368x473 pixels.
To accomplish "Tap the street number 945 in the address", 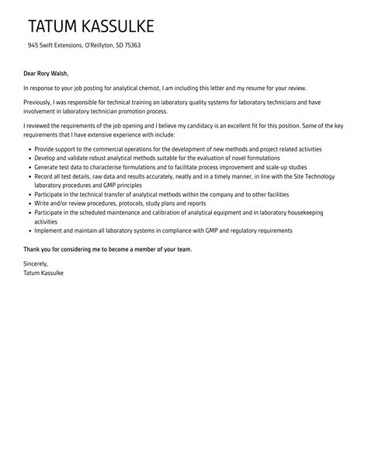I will click(x=34, y=45).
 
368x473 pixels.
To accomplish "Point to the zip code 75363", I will click(x=130, y=45).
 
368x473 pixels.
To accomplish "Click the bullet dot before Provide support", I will click(x=28, y=148).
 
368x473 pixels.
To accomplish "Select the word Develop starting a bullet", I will click(x=47, y=156).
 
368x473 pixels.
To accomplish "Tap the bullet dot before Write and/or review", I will click(x=28, y=203).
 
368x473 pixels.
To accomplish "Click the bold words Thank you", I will click(x=38, y=249).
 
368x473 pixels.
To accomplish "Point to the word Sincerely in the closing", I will click(x=38, y=265).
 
